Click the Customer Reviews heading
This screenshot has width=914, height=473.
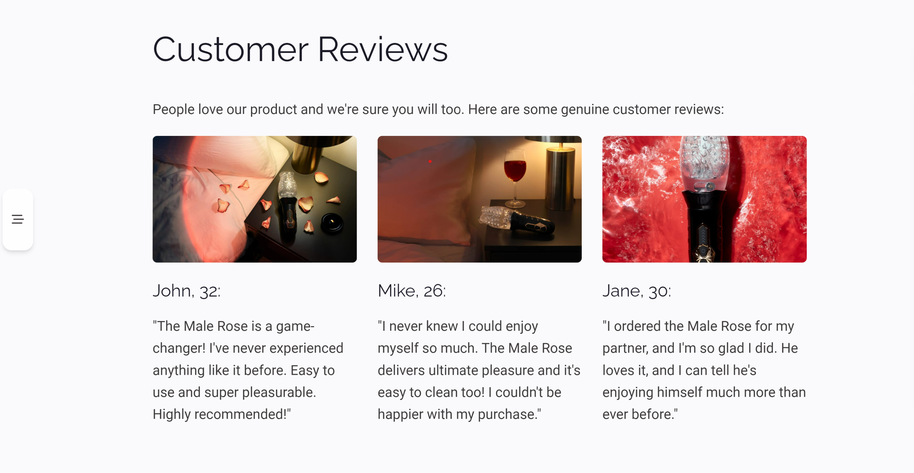pos(300,49)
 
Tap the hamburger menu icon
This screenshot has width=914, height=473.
pos(18,219)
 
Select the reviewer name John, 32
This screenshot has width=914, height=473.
pos(187,291)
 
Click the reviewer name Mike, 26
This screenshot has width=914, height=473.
pos(412,291)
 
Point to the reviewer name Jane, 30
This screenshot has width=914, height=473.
pos(637,291)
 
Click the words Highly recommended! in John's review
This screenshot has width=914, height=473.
pos(221,414)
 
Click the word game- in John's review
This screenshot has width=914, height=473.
pos(295,326)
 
